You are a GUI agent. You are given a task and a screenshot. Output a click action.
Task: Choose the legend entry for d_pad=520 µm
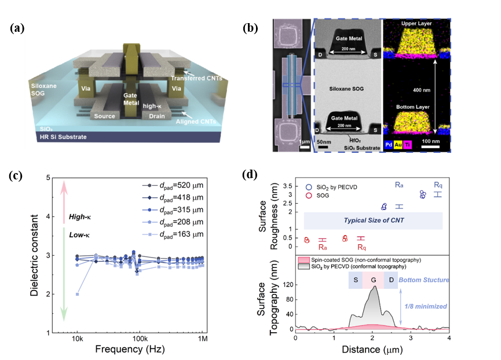pyautogui.click(x=174, y=186)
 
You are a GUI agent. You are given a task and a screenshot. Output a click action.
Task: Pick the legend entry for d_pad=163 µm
pyautogui.click(x=174, y=235)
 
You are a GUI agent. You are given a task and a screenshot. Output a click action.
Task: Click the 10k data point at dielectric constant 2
pyautogui.click(x=78, y=294)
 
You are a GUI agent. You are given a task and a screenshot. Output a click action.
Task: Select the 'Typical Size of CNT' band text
pyautogui.click(x=374, y=221)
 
